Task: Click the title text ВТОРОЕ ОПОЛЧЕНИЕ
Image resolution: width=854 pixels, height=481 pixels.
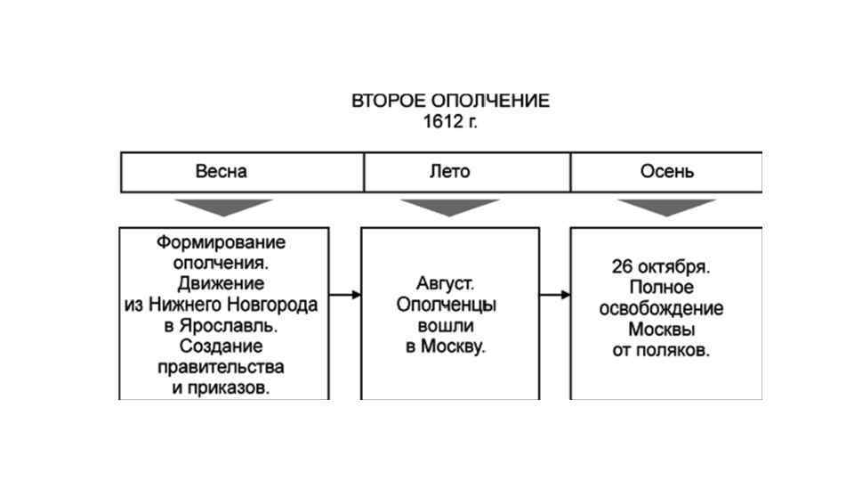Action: pyautogui.click(x=450, y=101)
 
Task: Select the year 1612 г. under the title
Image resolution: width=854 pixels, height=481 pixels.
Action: pyautogui.click(x=450, y=122)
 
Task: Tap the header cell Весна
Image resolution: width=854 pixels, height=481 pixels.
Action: pyautogui.click(x=222, y=171)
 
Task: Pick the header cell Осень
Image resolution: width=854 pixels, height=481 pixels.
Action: pyautogui.click(x=667, y=171)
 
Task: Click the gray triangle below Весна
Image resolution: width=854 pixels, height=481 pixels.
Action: pyautogui.click(x=223, y=207)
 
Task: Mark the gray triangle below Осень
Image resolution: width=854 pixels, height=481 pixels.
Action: pyautogui.click(x=666, y=207)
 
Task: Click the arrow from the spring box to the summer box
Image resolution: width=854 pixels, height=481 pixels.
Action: pyautogui.click(x=345, y=294)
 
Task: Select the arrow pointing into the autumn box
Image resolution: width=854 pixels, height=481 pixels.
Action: pyautogui.click(x=554, y=294)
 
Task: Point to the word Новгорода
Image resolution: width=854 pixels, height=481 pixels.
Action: pyautogui.click(x=274, y=305)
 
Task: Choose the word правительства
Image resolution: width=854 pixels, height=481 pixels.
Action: pyautogui.click(x=221, y=367)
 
